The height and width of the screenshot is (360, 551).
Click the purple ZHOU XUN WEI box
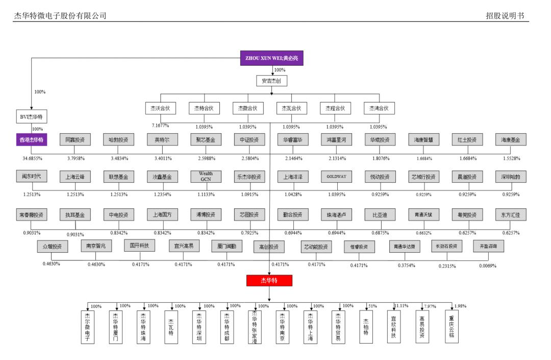coord(271,58)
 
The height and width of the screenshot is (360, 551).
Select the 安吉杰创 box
coord(271,81)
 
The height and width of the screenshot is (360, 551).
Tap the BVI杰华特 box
coord(31,117)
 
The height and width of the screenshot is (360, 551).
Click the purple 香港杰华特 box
coord(31,139)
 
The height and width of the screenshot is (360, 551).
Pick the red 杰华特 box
coord(269,280)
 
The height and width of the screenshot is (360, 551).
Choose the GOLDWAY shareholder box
coord(336,177)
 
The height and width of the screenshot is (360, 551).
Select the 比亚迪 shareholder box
coord(380,215)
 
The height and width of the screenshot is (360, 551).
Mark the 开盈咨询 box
coord(488,247)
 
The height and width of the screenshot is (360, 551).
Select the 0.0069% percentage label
coord(487,266)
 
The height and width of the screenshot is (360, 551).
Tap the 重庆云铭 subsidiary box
coord(451,327)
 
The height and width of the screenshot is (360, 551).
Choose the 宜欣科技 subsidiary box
coord(393,327)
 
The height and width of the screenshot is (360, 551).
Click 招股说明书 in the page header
coord(505,16)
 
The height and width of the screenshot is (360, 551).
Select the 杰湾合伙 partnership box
coord(379,108)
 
